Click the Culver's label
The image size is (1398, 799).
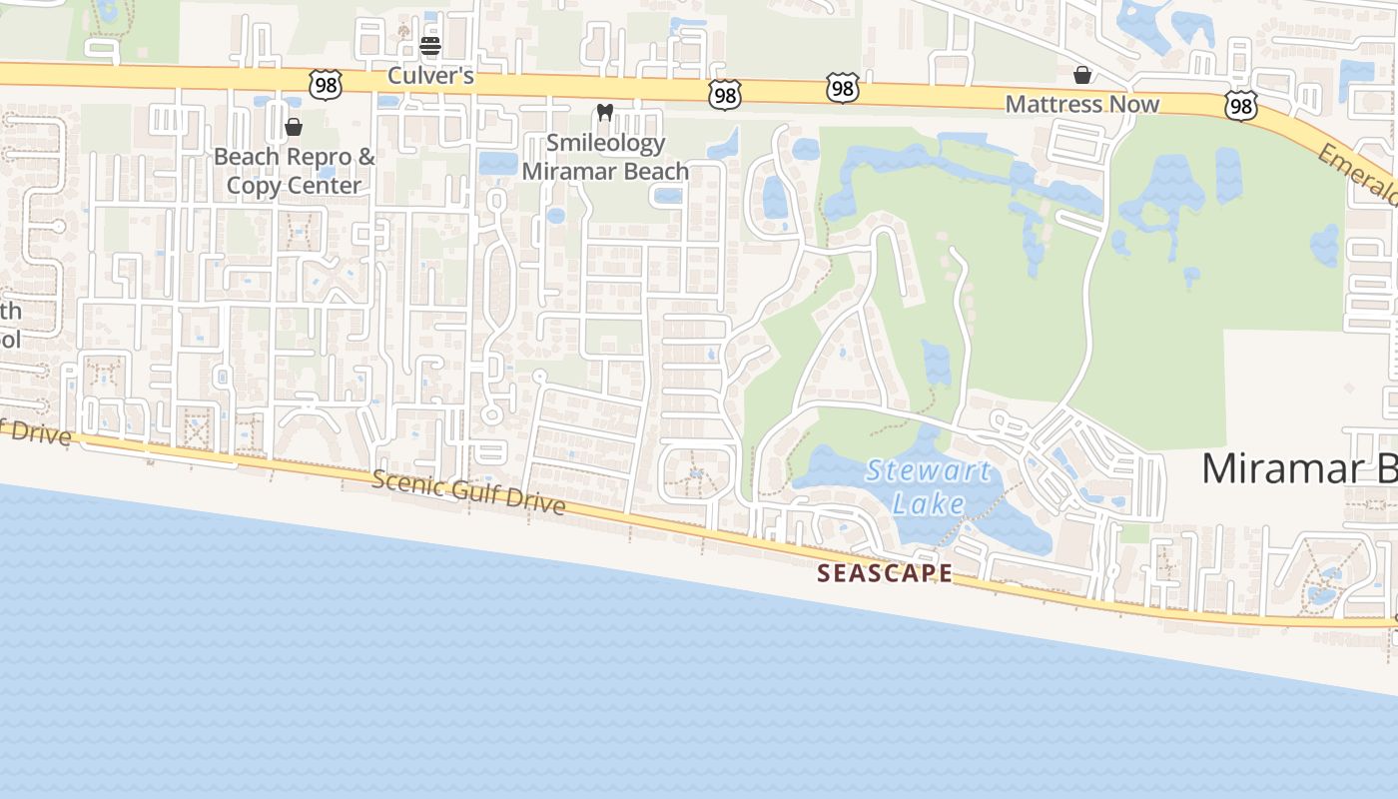point(430,76)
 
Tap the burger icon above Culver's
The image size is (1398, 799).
point(430,45)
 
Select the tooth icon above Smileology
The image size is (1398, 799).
point(604,113)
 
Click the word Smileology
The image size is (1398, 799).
point(606,143)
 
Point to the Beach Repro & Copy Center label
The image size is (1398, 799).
point(295,171)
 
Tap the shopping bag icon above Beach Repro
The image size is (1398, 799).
point(294,127)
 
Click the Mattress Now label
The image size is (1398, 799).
point(1082,104)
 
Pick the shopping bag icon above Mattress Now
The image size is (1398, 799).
point(1082,75)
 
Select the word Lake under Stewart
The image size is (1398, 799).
point(929,503)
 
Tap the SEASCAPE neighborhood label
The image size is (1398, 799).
point(885,573)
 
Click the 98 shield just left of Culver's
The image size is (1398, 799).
point(326,86)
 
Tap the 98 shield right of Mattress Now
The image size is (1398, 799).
point(1240,106)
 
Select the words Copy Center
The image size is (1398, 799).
point(295,186)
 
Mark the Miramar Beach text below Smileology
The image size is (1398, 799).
point(606,171)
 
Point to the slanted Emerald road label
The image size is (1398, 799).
point(1359,176)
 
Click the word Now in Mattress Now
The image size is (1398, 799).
point(1132,104)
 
